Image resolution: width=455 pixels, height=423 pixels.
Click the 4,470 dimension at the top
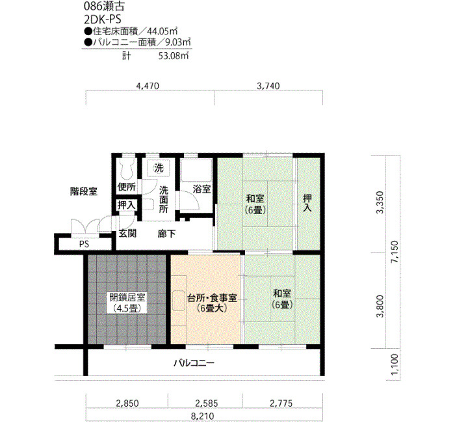click(x=148, y=86)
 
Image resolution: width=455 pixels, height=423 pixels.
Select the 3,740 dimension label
click(x=268, y=86)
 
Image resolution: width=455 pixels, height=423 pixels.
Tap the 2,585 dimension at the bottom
click(x=206, y=403)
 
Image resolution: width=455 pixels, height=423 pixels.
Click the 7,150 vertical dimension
click(x=395, y=252)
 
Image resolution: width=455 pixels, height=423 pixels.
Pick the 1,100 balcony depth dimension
click(x=395, y=364)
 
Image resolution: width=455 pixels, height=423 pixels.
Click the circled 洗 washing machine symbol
click(x=159, y=168)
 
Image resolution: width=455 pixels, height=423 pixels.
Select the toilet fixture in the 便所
click(x=126, y=169)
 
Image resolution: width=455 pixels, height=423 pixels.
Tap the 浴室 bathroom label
click(x=201, y=189)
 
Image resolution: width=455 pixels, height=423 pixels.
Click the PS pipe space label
click(x=84, y=244)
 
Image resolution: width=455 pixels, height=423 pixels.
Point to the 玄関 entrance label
click(x=127, y=233)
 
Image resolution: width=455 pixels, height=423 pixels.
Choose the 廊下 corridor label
click(x=167, y=234)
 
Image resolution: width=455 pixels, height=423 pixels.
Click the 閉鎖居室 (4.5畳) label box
click(x=127, y=303)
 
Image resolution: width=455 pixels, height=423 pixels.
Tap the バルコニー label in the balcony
click(x=194, y=363)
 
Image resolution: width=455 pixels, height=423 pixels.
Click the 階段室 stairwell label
click(x=84, y=192)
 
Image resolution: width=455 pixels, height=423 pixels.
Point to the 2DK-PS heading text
click(x=103, y=20)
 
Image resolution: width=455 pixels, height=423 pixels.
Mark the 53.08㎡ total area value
click(x=174, y=56)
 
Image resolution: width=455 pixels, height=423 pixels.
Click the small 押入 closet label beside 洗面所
click(x=127, y=205)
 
